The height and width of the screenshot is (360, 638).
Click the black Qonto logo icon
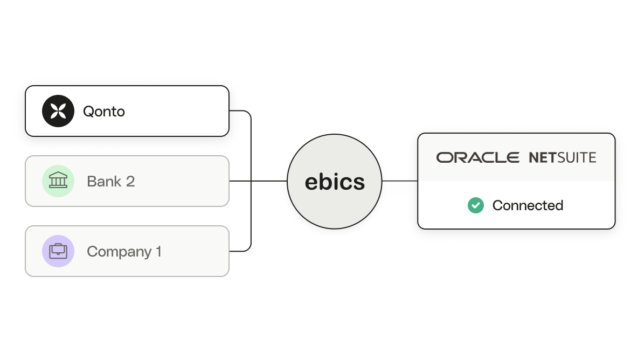[x=58, y=111]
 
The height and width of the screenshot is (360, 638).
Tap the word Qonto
[x=104, y=112]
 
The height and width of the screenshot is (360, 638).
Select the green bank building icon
[x=58, y=181]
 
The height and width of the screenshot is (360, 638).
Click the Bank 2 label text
[x=110, y=182]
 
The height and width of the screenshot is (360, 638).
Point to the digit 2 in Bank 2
[x=130, y=182]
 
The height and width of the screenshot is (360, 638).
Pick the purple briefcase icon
[x=58, y=251]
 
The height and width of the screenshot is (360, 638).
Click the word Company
[x=119, y=252]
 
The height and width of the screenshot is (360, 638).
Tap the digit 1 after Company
[x=158, y=251]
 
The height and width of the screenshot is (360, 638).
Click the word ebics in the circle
[x=335, y=182]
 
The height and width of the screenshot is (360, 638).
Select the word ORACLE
[x=477, y=157]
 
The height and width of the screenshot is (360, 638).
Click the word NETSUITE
[x=563, y=157]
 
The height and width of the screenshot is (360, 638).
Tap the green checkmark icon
[x=476, y=205]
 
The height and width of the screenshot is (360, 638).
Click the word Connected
[x=528, y=205]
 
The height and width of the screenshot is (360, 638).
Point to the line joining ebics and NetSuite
[x=400, y=181]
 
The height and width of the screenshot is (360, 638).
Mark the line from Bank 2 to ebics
[x=258, y=181]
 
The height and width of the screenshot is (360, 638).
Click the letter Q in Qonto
[x=88, y=112]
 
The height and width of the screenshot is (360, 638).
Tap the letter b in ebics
[x=325, y=181]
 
